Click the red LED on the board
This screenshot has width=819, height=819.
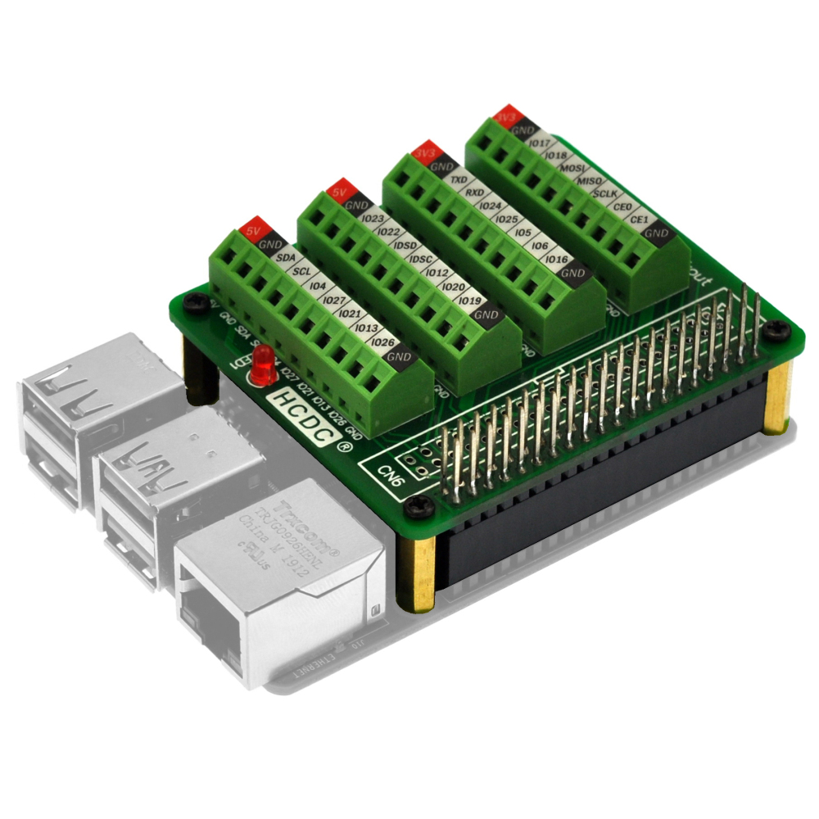click(263, 365)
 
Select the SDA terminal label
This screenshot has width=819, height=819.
click(286, 258)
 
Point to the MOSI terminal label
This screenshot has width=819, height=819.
click(570, 168)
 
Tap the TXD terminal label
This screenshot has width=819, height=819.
click(459, 179)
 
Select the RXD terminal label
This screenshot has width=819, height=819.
click(475, 192)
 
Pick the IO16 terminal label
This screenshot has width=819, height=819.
click(556, 260)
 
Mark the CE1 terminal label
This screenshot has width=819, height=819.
click(638, 220)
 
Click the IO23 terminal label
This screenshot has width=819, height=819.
click(373, 219)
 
